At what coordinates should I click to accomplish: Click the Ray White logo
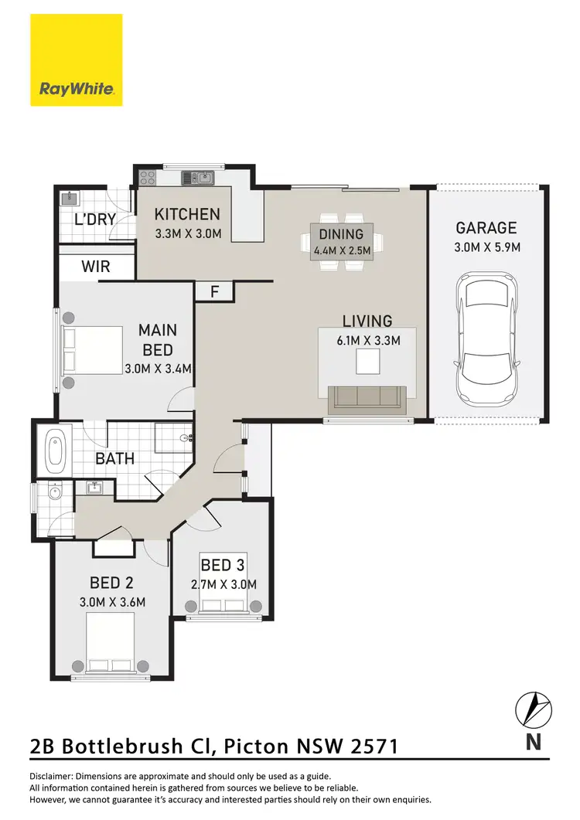click(x=76, y=60)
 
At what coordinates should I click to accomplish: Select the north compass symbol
click(x=534, y=709)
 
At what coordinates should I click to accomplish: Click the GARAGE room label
click(x=486, y=228)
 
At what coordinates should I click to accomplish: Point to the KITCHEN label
click(x=187, y=215)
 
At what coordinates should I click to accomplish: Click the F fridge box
click(x=215, y=291)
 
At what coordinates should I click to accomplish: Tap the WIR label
click(x=95, y=267)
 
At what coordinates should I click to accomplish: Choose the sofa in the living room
click(x=367, y=398)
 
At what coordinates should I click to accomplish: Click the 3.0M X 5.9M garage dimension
click(x=486, y=247)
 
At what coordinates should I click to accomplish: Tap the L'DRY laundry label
click(x=94, y=219)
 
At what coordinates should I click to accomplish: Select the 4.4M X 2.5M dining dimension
click(x=341, y=250)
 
